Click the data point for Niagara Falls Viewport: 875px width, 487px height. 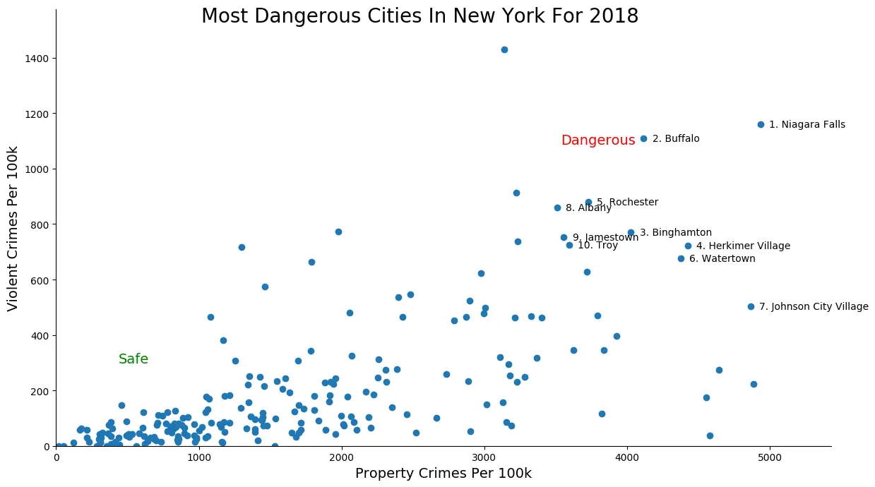(761, 124)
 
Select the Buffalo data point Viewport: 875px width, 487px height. (643, 138)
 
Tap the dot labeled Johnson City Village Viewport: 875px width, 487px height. (751, 306)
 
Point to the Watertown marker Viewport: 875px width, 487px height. (681, 258)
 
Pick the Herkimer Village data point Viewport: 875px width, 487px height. (688, 246)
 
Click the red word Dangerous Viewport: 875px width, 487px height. (597, 140)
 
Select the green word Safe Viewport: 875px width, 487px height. (133, 359)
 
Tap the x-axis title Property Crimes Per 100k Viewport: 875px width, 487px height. (443, 474)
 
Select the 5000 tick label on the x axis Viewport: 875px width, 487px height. (769, 457)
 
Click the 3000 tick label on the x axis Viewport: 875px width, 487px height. (484, 457)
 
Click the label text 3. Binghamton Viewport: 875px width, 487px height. (675, 232)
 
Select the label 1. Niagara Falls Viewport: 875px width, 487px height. (806, 125)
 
